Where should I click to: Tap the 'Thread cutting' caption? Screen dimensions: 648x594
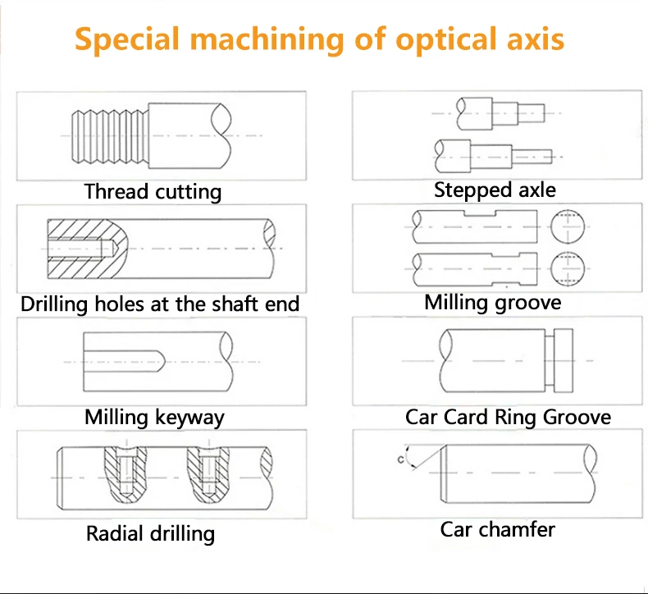[153, 192]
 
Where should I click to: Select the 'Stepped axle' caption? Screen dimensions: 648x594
[495, 190]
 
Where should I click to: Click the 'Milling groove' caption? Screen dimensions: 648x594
[492, 303]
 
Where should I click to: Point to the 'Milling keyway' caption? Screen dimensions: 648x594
[154, 417]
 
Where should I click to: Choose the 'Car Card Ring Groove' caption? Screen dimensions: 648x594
[508, 417]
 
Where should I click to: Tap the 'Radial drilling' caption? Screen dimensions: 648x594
[150, 534]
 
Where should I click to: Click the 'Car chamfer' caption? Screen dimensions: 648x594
[497, 529]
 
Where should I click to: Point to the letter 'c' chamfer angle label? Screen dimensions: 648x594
[401, 460]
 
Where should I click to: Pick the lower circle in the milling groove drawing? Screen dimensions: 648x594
[567, 267]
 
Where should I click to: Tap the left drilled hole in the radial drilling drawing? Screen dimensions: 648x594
[125, 477]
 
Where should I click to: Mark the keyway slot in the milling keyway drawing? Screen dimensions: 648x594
[123, 360]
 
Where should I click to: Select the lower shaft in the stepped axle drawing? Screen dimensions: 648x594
[492, 153]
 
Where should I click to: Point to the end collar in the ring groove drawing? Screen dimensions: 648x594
[564, 361]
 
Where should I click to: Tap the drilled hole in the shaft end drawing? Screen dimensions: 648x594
[77, 247]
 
